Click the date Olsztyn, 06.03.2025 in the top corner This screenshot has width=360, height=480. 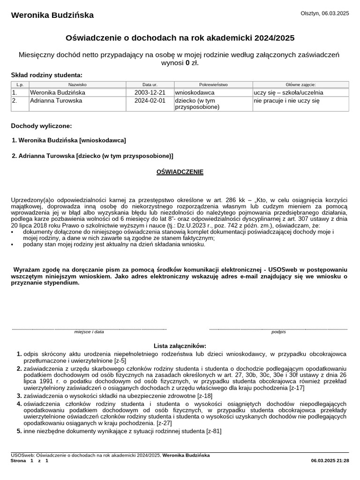click(324, 14)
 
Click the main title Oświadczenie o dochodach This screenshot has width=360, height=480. click(180, 38)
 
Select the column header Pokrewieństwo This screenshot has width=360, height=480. click(213, 85)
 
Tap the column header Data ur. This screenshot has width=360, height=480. click(150, 85)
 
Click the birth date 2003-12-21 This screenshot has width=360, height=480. click(150, 93)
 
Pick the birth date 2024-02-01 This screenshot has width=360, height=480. click(150, 101)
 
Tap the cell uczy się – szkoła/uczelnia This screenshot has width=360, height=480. click(288, 93)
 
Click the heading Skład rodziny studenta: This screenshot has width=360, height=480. click(46, 75)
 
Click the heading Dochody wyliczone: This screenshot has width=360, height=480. click(42, 126)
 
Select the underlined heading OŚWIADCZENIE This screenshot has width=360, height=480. click(180, 172)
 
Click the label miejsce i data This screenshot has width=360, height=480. click(89, 332)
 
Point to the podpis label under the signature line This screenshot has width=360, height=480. click(278, 332)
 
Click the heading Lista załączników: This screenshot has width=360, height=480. click(180, 345)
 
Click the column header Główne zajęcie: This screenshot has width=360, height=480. click(300, 85)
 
